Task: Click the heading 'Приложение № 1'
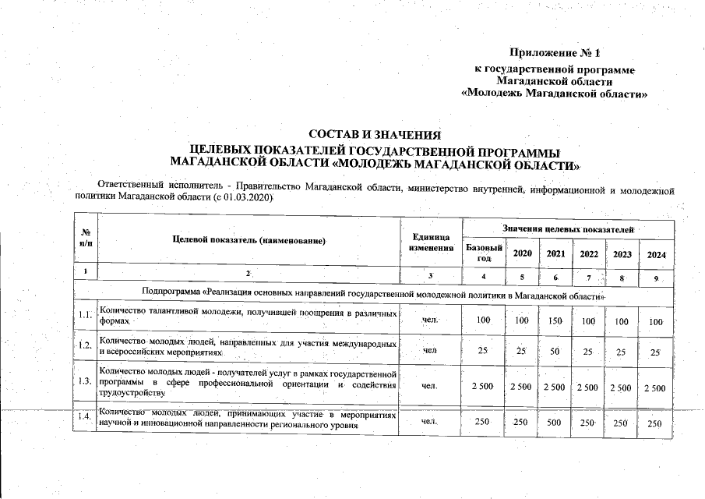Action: pyautogui.click(x=555, y=54)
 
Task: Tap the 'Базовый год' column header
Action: pyautogui.click(x=484, y=253)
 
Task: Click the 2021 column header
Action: pyautogui.click(x=555, y=253)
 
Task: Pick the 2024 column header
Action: pyautogui.click(x=656, y=254)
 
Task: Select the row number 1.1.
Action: pyautogui.click(x=86, y=316)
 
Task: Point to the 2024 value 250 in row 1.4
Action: pyautogui.click(x=655, y=423)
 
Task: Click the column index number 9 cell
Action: pyautogui.click(x=656, y=278)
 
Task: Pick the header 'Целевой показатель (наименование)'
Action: pyautogui.click(x=249, y=240)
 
